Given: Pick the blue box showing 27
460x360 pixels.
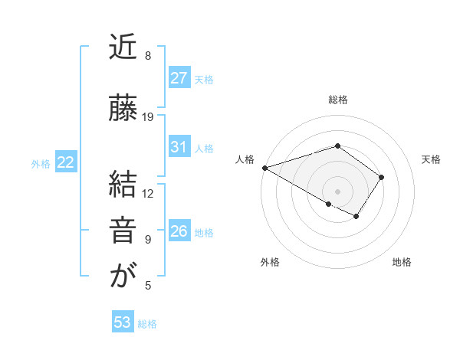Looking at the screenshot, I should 179,78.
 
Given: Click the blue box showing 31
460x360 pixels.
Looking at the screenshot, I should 179,147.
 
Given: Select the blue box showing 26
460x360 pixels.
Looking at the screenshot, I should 179,231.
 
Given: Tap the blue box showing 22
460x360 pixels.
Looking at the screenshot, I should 65,162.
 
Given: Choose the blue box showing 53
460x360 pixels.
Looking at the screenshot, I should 123,322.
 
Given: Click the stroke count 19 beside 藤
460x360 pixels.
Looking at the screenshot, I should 148,117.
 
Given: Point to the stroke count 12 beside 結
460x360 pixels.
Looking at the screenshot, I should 148,194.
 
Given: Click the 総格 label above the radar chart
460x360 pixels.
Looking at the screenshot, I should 337,100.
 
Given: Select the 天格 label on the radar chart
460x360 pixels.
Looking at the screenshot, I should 432,159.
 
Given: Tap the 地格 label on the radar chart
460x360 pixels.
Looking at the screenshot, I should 402,262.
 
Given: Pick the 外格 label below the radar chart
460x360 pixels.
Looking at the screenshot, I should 270,262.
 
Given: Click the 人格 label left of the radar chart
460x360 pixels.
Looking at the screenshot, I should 245,159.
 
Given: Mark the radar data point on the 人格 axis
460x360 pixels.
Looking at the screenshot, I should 264,167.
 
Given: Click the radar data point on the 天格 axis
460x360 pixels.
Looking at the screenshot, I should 382,177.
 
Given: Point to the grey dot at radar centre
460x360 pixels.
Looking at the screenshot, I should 337,191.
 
